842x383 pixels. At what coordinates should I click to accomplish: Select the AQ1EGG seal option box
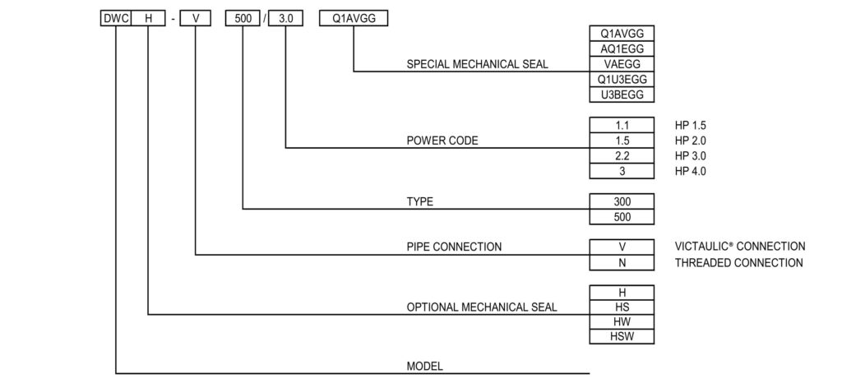622,48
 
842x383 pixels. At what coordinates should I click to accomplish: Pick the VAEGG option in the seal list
622,64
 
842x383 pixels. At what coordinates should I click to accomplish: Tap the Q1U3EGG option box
622,80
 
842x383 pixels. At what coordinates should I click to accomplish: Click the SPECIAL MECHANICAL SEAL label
478,64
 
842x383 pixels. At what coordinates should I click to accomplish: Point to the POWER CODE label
442,141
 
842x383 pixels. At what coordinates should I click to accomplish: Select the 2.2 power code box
622,156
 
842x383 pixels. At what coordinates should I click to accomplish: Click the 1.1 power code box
622,125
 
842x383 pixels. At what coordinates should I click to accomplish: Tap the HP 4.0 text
691,172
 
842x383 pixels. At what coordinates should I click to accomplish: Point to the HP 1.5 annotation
691,125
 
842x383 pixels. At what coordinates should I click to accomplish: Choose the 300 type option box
622,201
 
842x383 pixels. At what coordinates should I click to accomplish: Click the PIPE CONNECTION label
454,247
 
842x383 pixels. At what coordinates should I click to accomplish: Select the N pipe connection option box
622,263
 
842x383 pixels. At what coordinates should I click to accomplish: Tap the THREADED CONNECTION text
738,263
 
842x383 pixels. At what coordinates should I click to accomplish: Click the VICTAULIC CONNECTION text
740,247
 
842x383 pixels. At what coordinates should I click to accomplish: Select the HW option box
622,322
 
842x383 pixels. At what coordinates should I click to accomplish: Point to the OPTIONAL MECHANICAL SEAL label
482,307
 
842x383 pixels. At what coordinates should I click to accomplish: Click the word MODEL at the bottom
425,367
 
